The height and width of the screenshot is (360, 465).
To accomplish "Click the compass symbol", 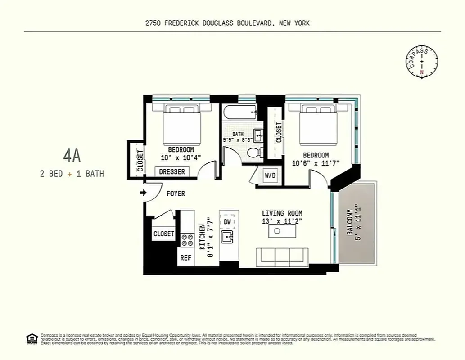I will click(422, 62).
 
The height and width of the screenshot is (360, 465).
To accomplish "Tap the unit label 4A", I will click(72, 156).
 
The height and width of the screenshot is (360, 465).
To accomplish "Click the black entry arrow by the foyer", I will click(143, 193).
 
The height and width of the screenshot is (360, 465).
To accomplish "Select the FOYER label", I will click(176, 194).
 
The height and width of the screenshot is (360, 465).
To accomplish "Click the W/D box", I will click(270, 175).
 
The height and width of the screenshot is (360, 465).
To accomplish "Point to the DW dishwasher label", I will click(227, 221).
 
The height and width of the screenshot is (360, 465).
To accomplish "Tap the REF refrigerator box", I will click(185, 258).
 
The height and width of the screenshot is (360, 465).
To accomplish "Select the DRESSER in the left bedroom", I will click(172, 172).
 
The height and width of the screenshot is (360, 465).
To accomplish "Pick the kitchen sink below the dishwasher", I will click(227, 237).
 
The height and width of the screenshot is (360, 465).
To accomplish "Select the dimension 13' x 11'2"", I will click(282, 221).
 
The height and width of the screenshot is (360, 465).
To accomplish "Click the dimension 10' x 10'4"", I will click(181, 157).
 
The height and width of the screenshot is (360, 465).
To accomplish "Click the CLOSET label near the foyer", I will click(163, 234).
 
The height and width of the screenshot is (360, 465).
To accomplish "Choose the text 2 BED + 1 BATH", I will click(72, 174).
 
